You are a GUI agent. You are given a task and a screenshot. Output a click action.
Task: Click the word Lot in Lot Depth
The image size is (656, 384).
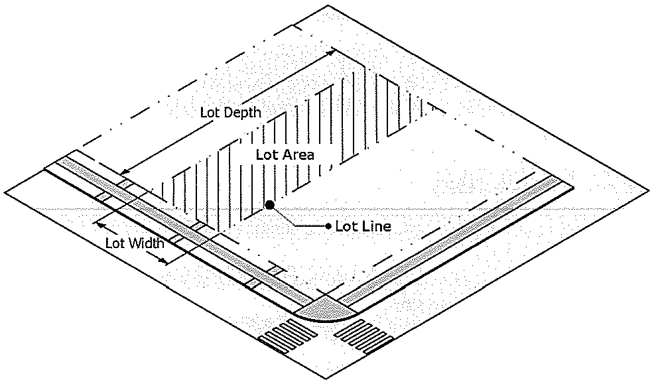tap(210, 112)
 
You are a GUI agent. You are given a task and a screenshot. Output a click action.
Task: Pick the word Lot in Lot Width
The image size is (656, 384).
tap(114, 243)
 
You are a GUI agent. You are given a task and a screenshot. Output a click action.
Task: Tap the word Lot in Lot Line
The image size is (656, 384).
tap(347, 227)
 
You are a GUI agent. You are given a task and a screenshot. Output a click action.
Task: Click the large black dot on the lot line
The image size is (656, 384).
tap(269, 205)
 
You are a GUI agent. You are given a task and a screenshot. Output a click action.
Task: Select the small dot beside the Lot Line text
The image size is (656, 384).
tap(329, 227)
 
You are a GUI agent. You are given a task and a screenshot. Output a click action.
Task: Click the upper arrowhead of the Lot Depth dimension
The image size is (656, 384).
tap(329, 52)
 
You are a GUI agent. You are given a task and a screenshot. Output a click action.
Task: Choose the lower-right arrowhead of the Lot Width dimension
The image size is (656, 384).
tap(164, 261)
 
